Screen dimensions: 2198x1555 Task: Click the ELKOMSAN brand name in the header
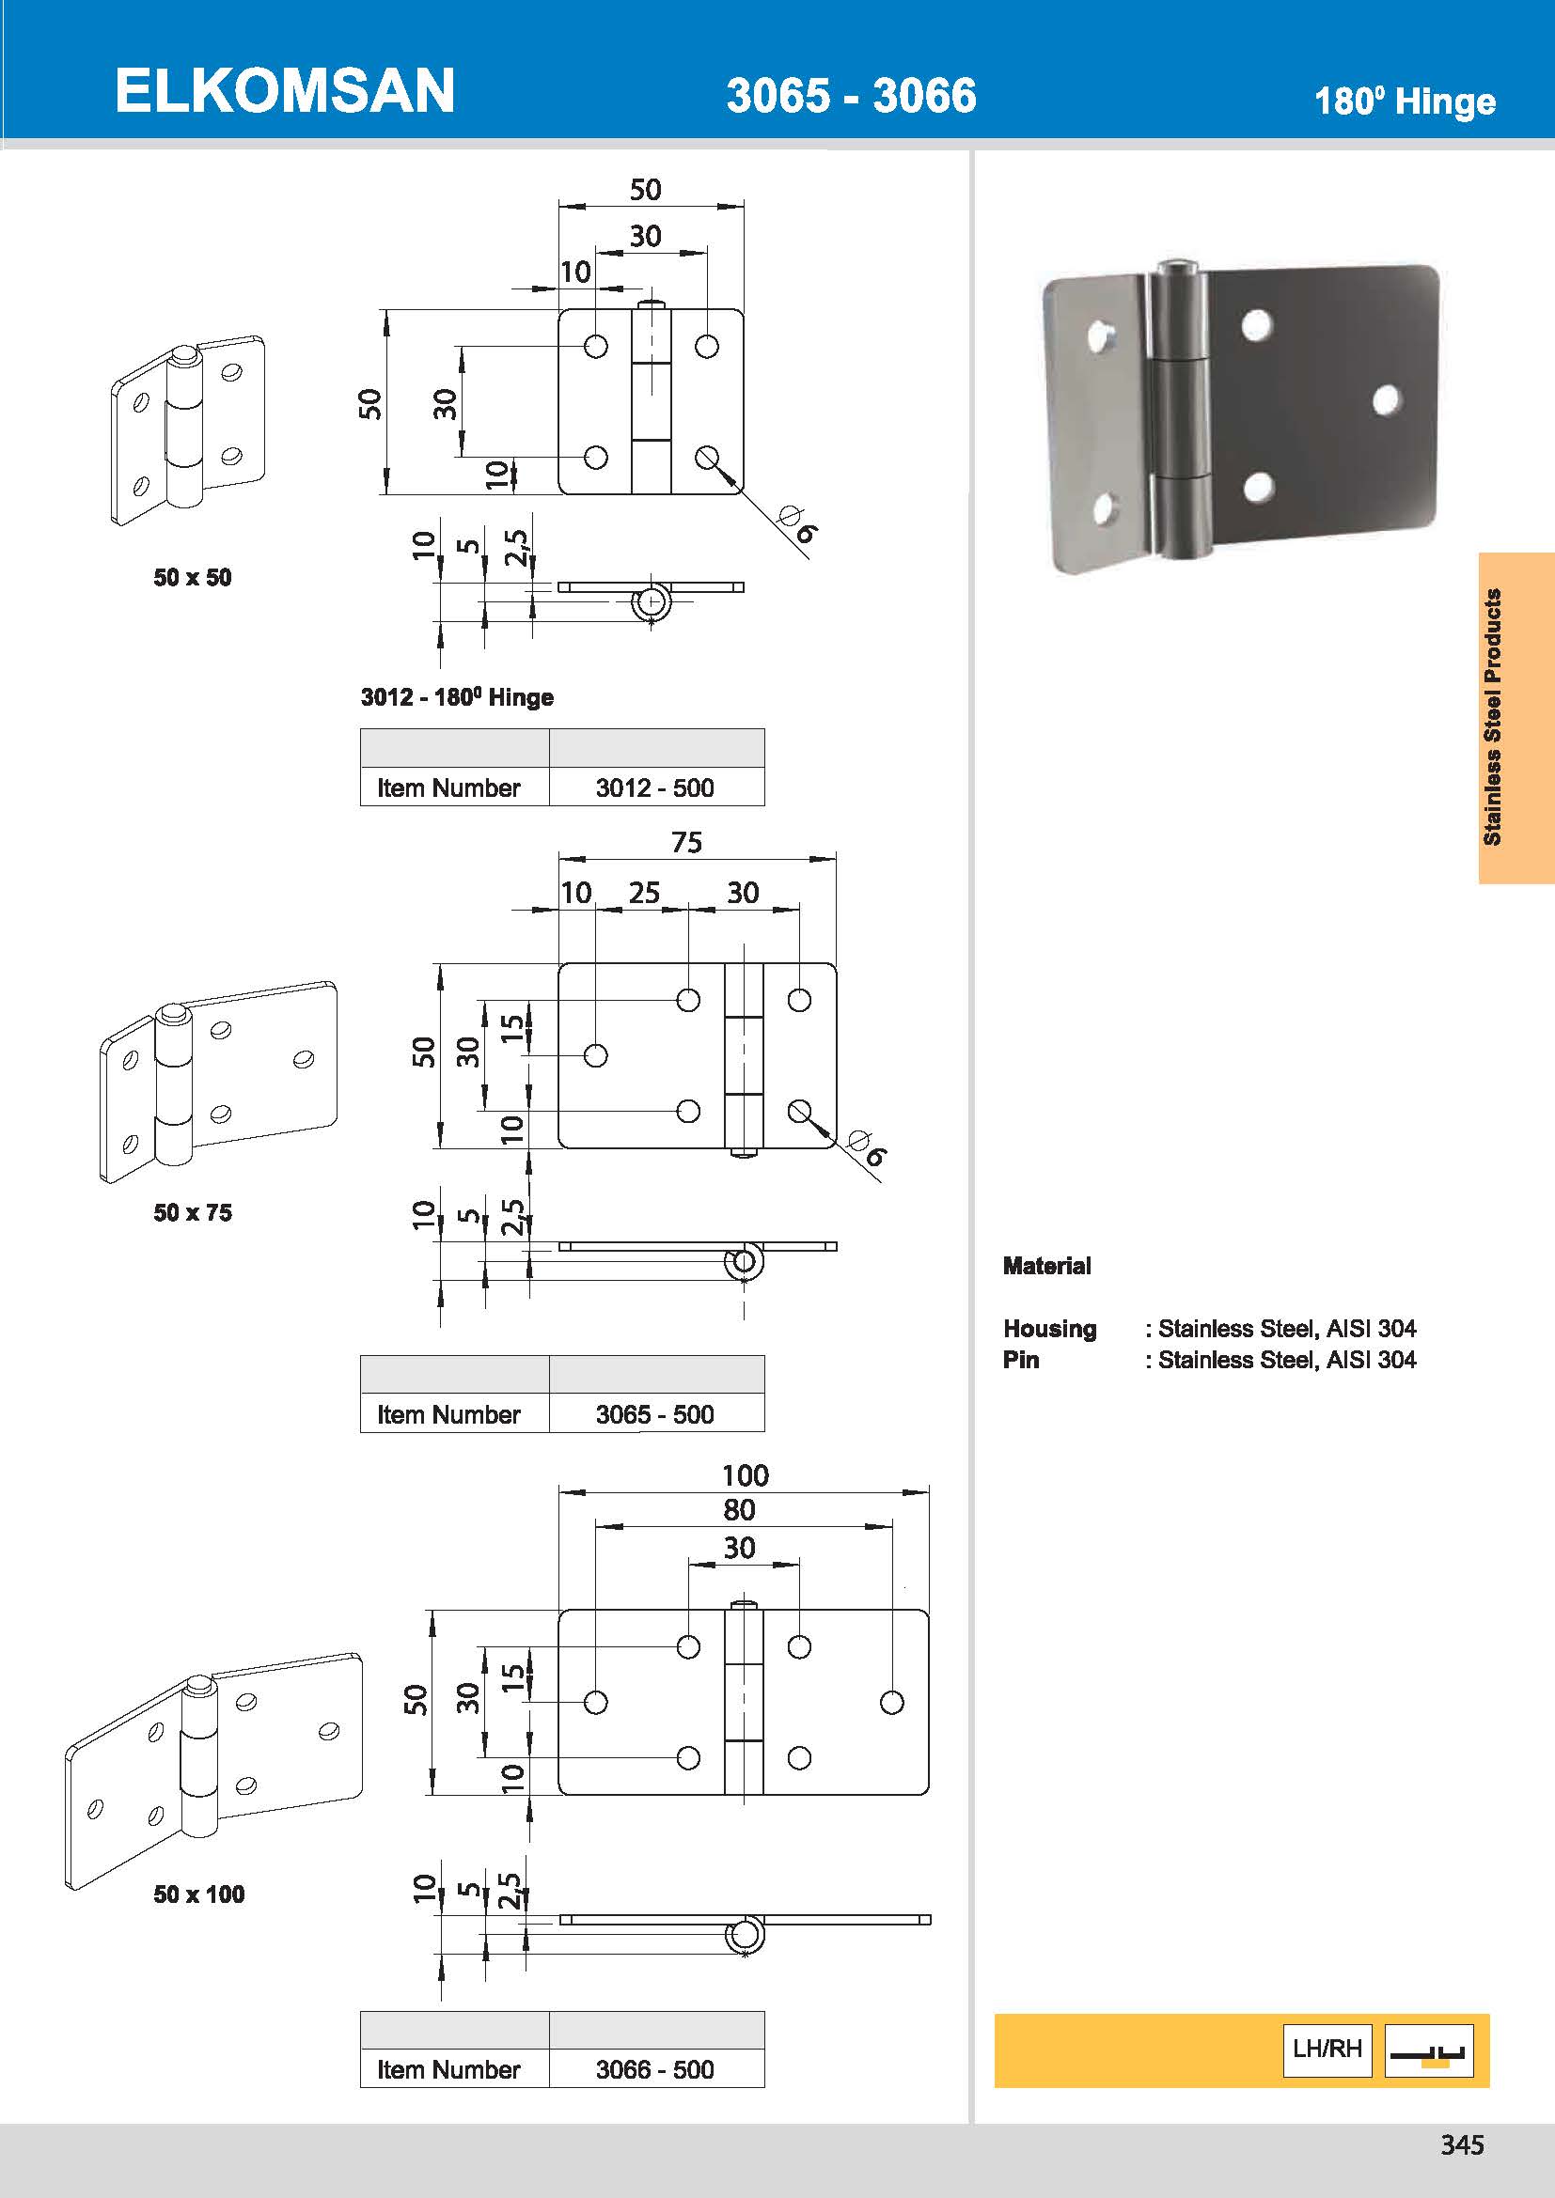(284, 92)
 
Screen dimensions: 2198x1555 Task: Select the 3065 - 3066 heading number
(850, 96)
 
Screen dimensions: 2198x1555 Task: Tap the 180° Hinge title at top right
(1404, 101)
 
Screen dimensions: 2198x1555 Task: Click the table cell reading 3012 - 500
(655, 787)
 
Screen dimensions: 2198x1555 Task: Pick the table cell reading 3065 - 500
(655, 1414)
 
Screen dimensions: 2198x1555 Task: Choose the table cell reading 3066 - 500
(655, 2068)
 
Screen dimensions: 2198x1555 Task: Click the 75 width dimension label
(686, 842)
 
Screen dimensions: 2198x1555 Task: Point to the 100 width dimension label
(745, 1475)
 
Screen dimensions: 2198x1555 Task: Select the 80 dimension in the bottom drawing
(738, 1510)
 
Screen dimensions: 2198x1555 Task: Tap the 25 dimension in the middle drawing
(643, 892)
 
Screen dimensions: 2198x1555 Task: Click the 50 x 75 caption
(193, 1212)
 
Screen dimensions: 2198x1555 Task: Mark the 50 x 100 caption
(199, 1894)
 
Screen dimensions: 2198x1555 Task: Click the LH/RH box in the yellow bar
(1327, 2049)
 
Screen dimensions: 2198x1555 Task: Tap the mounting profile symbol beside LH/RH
(1428, 2050)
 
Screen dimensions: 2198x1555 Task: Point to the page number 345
(1462, 2144)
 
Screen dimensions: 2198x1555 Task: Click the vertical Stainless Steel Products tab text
(1492, 716)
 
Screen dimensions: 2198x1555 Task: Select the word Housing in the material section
(1049, 1329)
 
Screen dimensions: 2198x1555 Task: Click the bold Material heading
(1046, 1266)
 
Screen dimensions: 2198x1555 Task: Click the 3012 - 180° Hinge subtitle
(457, 697)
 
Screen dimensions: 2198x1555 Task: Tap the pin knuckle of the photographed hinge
(1178, 412)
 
